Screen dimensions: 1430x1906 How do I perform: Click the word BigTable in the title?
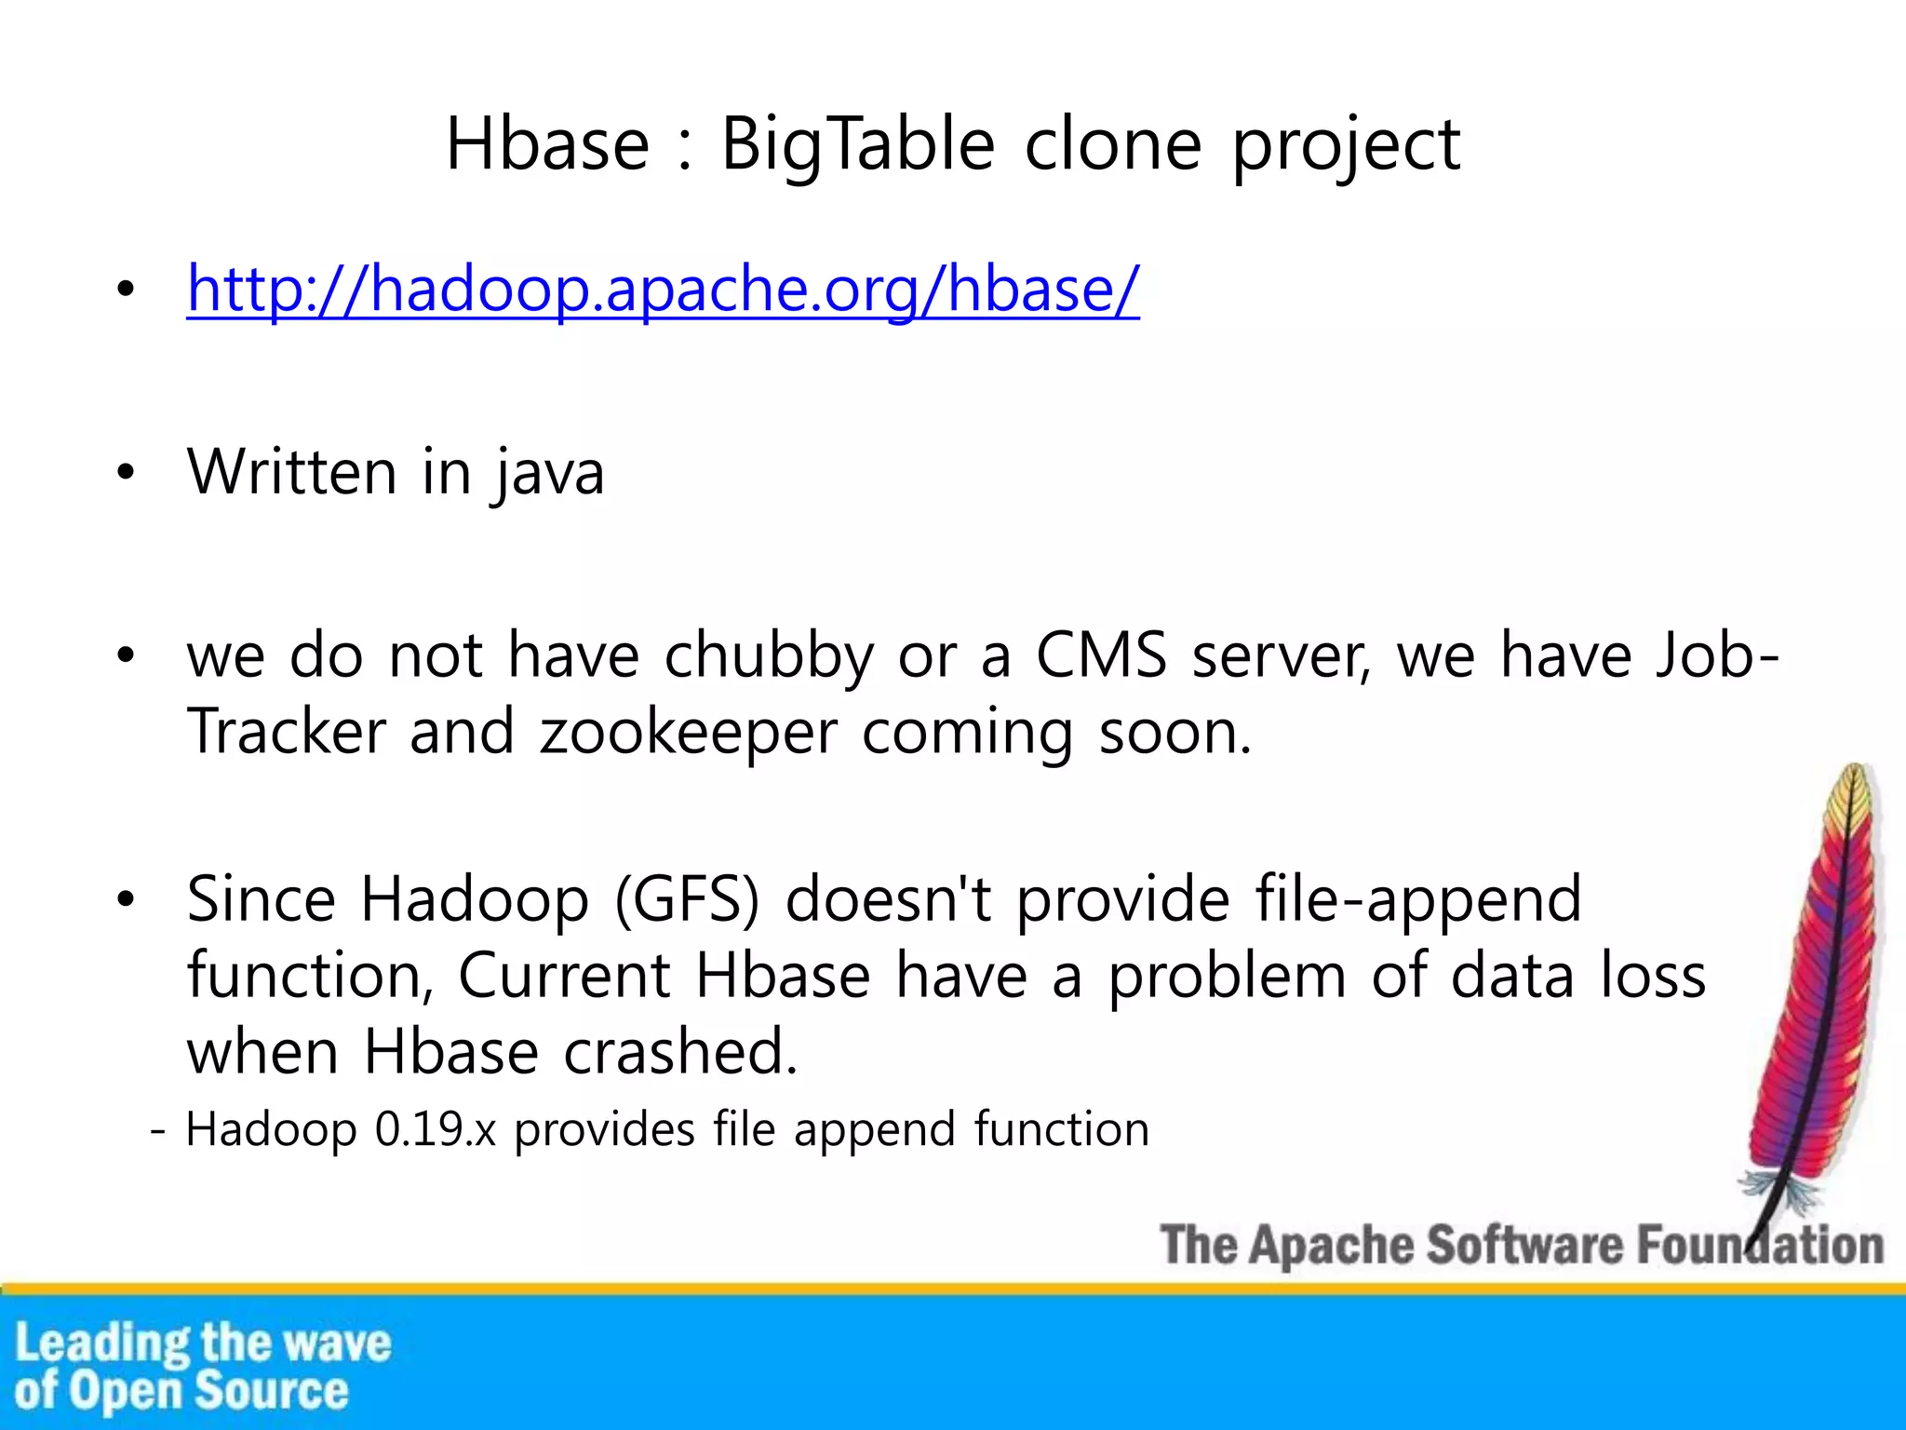point(857,145)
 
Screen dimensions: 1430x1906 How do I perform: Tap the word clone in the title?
point(1113,145)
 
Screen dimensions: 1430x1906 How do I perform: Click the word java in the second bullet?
point(549,472)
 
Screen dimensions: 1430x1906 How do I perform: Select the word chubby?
point(769,656)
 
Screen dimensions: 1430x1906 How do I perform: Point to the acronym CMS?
point(1101,654)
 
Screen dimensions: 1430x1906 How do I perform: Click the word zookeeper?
point(689,733)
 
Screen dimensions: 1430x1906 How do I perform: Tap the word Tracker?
point(286,731)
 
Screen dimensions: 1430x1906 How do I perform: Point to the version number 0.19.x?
point(435,1130)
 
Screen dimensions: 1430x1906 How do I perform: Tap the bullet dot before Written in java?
point(127,473)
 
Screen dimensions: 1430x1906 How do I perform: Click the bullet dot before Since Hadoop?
point(127,900)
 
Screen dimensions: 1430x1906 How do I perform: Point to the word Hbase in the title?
point(547,145)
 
